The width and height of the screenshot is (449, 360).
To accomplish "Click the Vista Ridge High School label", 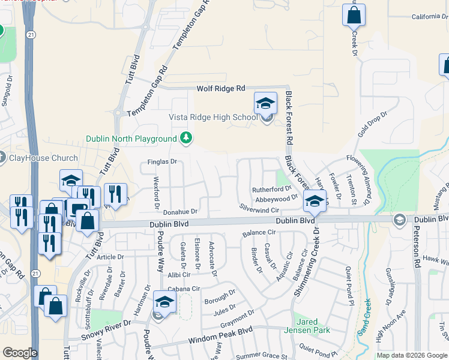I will (x=213, y=117).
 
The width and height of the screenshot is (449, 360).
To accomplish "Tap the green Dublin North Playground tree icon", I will (x=187, y=139).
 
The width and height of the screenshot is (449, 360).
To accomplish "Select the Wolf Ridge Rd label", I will (x=221, y=88).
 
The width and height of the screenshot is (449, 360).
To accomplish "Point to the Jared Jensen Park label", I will (x=313, y=326).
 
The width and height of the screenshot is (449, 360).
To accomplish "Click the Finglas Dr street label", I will (x=162, y=162).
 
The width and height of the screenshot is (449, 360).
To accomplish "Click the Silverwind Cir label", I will (x=260, y=211).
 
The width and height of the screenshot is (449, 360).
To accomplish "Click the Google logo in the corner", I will (x=20, y=353).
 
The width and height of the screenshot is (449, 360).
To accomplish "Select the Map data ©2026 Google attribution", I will (x=412, y=355).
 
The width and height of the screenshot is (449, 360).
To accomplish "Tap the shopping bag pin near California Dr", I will (x=354, y=14).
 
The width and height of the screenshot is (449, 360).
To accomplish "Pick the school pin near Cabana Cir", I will (x=164, y=302).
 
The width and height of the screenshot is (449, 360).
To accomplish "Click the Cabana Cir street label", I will (x=183, y=289).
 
